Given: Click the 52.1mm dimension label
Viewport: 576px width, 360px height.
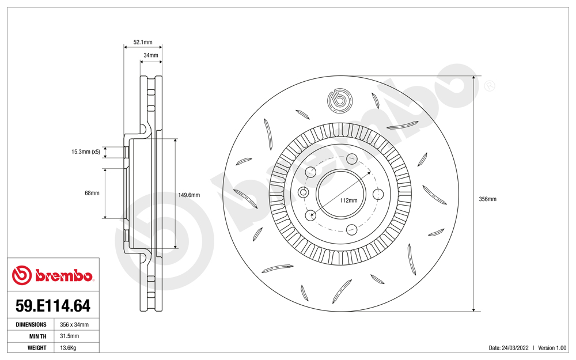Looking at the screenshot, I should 143,42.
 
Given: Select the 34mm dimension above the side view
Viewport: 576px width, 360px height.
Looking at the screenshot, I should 150,55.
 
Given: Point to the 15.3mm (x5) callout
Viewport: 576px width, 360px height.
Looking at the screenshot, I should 86,152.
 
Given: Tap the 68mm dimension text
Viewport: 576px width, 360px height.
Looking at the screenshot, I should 92,193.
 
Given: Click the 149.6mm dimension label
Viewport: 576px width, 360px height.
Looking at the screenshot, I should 189,195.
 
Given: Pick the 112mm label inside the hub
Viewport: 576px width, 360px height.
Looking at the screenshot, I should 348,200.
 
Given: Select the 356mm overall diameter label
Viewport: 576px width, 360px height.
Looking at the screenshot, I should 487,199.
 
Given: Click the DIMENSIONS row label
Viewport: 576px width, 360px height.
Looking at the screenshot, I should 31,325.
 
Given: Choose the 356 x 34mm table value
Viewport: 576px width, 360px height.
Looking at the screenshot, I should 74,325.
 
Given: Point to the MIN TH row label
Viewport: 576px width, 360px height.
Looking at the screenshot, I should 38,336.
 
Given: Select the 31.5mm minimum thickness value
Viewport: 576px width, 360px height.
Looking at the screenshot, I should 70,336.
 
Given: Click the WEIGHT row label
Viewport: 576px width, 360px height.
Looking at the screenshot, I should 37,348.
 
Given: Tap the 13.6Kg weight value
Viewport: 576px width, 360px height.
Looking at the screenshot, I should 69,348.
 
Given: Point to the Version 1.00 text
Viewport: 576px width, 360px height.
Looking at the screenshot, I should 552,348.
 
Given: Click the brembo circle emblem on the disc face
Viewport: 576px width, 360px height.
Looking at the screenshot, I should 340,101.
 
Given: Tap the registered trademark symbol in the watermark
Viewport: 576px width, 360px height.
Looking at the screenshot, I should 489,86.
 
